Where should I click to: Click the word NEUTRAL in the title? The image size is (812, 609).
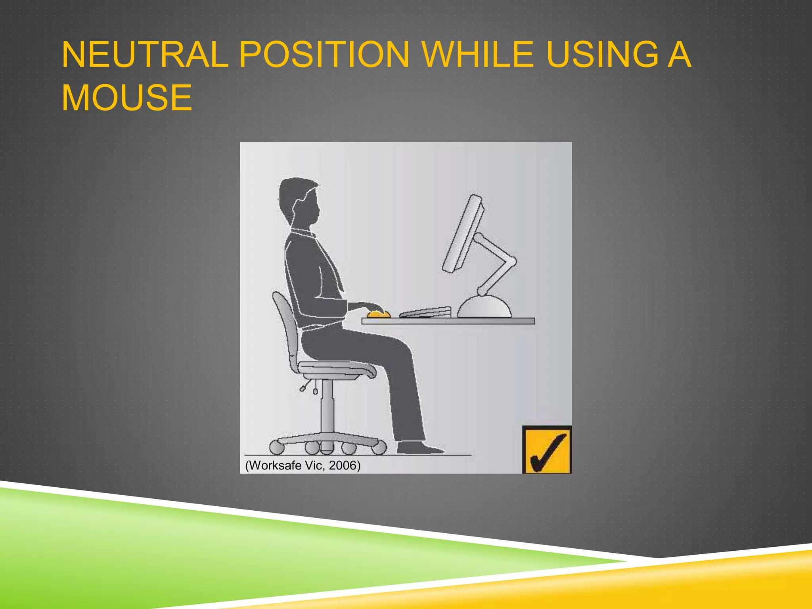click(x=145, y=55)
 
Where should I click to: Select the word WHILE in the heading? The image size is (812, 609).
click(x=478, y=55)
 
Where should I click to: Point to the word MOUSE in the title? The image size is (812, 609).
click(x=127, y=98)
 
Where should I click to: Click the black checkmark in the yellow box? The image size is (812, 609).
click(x=547, y=452)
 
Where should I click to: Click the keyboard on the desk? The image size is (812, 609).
click(x=426, y=312)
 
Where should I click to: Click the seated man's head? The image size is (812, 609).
click(x=299, y=202)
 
